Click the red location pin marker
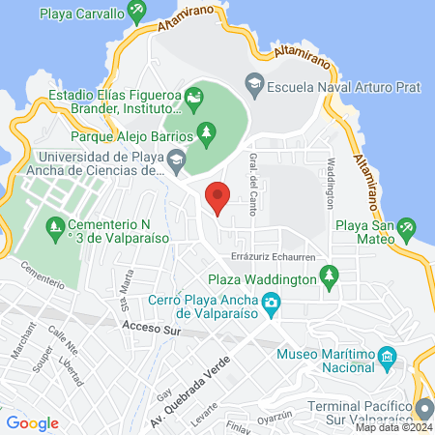[218, 197]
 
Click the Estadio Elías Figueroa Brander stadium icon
[195, 99]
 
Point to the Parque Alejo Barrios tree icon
[205, 131]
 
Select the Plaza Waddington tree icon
[330, 276]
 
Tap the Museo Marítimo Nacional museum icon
[386, 358]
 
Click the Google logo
[32, 422]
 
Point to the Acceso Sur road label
[148, 330]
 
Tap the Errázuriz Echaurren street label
[270, 257]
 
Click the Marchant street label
[21, 353]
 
